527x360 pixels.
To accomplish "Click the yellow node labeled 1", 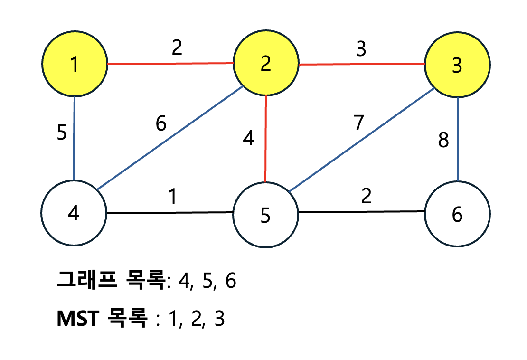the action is click(74, 64).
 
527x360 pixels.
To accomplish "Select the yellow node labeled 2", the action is click(265, 63).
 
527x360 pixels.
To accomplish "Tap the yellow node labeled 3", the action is click(457, 66).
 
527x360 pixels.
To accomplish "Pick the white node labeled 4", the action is click(73, 213).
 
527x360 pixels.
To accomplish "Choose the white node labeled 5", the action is click(265, 215).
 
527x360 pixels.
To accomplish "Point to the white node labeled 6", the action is click(457, 214).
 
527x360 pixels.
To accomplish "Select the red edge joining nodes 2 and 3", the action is click(361, 64).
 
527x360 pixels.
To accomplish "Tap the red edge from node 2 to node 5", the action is click(265, 138).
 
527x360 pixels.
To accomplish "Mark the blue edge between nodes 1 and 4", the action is click(74, 138).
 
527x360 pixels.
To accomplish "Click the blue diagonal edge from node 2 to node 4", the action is click(171, 138).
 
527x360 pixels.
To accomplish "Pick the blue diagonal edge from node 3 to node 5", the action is click(361, 140).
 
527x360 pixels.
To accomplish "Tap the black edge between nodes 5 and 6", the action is click(361, 212).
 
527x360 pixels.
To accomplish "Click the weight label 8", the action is click(443, 141).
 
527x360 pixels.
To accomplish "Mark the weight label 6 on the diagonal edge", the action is click(161, 124).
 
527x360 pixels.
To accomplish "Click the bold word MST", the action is click(77, 318).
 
